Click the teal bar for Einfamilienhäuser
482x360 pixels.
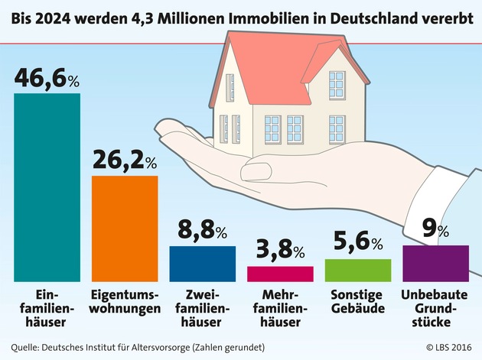(47, 187)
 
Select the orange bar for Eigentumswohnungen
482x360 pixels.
(125, 229)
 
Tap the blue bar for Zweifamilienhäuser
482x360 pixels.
(203, 264)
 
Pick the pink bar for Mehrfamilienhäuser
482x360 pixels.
(280, 274)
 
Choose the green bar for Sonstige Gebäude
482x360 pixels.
(357, 270)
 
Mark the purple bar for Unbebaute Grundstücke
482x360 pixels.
(435, 263)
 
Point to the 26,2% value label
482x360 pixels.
(125, 161)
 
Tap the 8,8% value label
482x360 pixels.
(203, 231)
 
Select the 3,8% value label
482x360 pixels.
(281, 251)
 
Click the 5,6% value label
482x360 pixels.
(357, 244)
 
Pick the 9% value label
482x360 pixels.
(435, 230)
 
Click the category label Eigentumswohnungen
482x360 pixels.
(125, 302)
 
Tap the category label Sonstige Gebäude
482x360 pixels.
(358, 302)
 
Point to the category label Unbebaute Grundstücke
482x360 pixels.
(435, 309)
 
